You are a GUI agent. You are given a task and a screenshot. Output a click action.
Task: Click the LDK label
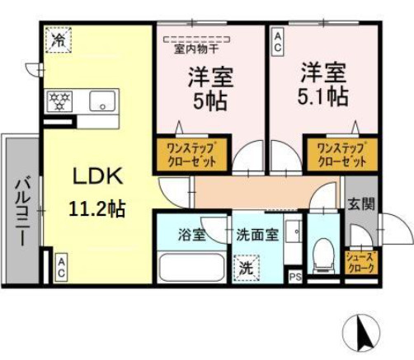(x=98, y=176)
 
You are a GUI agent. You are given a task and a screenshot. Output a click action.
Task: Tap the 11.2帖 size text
(x=97, y=208)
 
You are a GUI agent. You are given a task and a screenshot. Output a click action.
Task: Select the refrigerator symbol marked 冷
(x=59, y=40)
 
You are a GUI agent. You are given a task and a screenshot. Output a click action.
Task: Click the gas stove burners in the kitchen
(x=59, y=101)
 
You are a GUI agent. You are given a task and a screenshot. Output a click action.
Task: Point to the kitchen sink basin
(x=102, y=101)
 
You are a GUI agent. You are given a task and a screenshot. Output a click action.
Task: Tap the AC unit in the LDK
(x=61, y=267)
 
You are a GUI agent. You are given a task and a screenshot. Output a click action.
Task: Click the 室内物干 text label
(x=196, y=49)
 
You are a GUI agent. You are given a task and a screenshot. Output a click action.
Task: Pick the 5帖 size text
(x=210, y=101)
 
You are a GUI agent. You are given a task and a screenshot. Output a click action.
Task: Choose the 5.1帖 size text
(x=323, y=96)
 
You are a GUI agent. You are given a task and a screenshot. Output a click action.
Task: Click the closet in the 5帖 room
(x=192, y=155)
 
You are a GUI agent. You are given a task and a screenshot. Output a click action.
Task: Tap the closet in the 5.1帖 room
(x=342, y=155)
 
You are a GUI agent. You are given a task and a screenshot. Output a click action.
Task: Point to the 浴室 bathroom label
(x=191, y=235)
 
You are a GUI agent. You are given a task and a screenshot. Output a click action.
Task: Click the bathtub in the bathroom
(x=192, y=267)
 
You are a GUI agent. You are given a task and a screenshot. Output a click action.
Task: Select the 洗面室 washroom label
(x=257, y=235)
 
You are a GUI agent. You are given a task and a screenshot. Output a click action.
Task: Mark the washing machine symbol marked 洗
(x=247, y=268)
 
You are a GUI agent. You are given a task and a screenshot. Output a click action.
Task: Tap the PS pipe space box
(x=295, y=276)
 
